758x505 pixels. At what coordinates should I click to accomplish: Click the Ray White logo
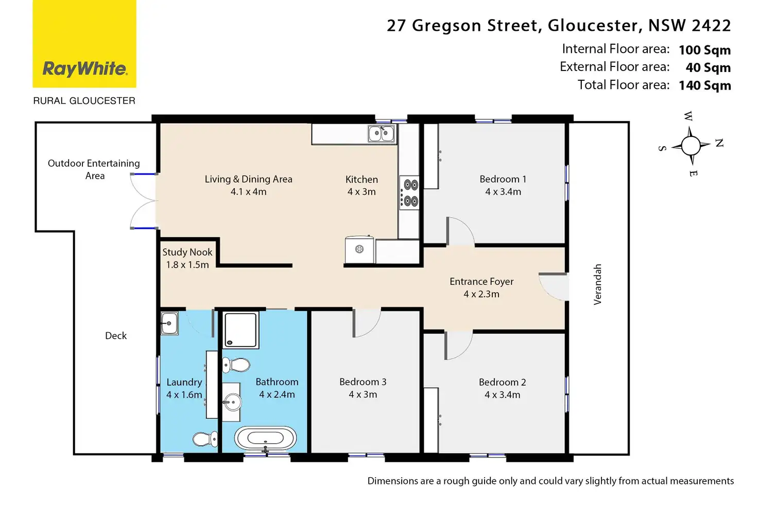point(84,44)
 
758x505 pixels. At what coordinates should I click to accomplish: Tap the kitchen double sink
point(382,133)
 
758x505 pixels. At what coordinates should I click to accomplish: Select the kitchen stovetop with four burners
point(409,193)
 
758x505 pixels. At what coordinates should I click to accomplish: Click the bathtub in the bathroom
point(265,438)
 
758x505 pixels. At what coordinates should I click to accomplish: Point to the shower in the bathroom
point(240,330)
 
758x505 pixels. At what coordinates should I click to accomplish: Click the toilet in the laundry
point(205,439)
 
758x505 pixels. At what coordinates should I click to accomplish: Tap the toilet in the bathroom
point(236,365)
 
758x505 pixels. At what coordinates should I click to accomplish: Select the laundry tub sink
point(169,323)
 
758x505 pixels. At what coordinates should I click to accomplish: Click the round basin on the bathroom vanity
point(232,402)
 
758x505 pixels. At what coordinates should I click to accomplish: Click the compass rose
point(691,146)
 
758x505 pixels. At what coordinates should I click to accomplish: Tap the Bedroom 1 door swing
point(460,231)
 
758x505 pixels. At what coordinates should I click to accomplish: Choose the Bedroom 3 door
point(367,323)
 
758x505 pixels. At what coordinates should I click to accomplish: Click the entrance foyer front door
point(554,286)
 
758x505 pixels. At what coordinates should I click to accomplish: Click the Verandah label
point(598,285)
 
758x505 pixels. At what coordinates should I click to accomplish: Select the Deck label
point(116,336)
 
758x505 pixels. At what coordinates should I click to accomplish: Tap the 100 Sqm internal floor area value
point(705,50)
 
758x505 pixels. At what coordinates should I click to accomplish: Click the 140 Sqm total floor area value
point(705,85)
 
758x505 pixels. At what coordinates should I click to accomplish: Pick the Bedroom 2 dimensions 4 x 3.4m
point(502,395)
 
